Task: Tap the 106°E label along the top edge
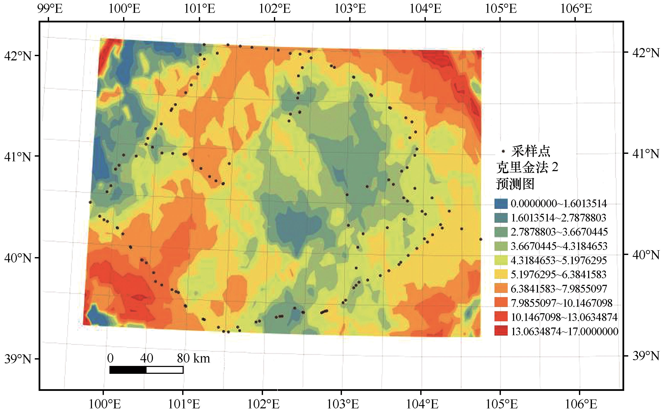pos(576,9)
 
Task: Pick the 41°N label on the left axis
pos(18,157)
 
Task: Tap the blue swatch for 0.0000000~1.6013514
pos(501,204)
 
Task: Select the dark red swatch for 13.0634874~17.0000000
pos(501,331)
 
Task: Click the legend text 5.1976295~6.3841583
pos(558,274)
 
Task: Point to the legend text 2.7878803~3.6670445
pos(559,232)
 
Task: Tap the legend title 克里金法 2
pos(527,167)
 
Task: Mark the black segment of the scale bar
pos(128,370)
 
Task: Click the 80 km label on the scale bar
pos(193,358)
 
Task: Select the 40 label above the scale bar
pos(147,358)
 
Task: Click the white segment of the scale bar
pos(165,370)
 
